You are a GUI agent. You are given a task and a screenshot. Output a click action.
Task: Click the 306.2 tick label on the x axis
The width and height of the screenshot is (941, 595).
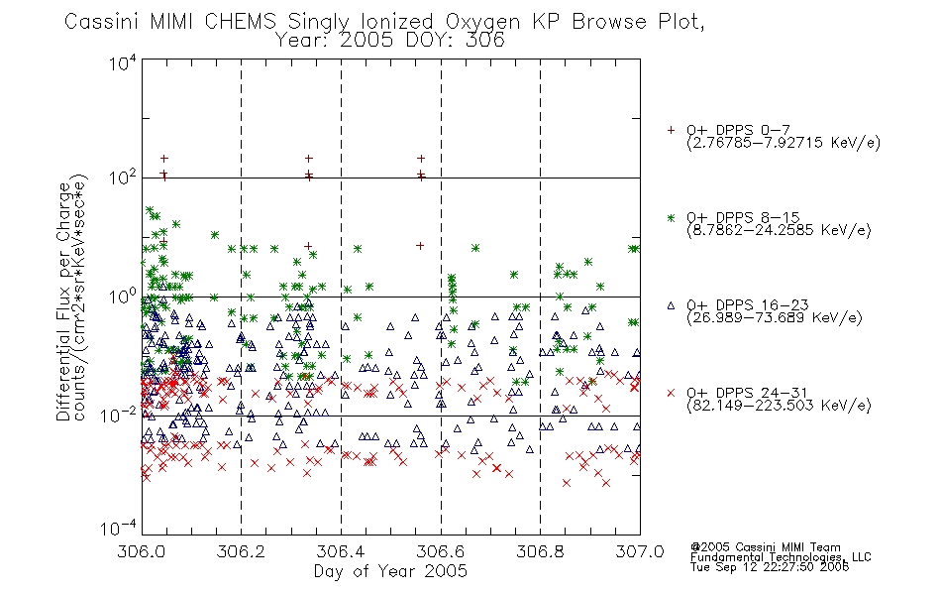click(x=241, y=551)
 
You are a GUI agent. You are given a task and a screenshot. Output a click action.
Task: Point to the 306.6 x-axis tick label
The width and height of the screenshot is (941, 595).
click(x=441, y=551)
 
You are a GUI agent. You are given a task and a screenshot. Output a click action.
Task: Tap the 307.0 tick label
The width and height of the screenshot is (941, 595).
click(x=640, y=551)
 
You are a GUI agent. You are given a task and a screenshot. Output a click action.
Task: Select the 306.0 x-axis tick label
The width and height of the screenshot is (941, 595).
click(x=141, y=551)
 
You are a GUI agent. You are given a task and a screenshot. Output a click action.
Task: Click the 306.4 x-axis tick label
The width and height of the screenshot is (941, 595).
click(x=341, y=551)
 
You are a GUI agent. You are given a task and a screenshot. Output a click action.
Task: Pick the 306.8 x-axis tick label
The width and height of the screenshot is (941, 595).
click(x=540, y=551)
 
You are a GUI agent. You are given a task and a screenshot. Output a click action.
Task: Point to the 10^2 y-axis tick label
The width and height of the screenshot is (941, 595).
click(x=123, y=178)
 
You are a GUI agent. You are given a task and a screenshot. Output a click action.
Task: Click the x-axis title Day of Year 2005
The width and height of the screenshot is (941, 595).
click(x=390, y=571)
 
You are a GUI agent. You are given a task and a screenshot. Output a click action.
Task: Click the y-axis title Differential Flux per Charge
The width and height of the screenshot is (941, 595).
click(x=63, y=301)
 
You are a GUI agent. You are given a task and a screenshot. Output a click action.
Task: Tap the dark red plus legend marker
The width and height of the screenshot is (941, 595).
click(x=671, y=130)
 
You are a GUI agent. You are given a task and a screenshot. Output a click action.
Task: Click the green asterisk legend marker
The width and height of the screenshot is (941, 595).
click(x=671, y=217)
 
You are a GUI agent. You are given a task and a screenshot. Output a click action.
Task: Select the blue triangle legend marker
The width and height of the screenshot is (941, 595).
click(x=671, y=305)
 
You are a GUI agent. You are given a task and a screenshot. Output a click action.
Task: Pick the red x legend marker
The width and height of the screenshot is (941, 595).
click(x=671, y=393)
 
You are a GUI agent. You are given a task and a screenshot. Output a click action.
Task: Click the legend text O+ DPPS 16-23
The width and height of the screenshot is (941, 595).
click(x=747, y=304)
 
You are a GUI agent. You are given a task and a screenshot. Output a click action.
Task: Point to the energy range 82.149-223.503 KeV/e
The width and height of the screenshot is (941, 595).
click(x=779, y=405)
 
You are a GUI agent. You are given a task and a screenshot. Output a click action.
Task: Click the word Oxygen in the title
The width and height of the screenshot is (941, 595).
click(x=482, y=22)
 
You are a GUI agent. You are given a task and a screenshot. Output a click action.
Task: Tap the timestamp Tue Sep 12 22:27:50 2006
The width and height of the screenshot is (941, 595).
click(x=770, y=567)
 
